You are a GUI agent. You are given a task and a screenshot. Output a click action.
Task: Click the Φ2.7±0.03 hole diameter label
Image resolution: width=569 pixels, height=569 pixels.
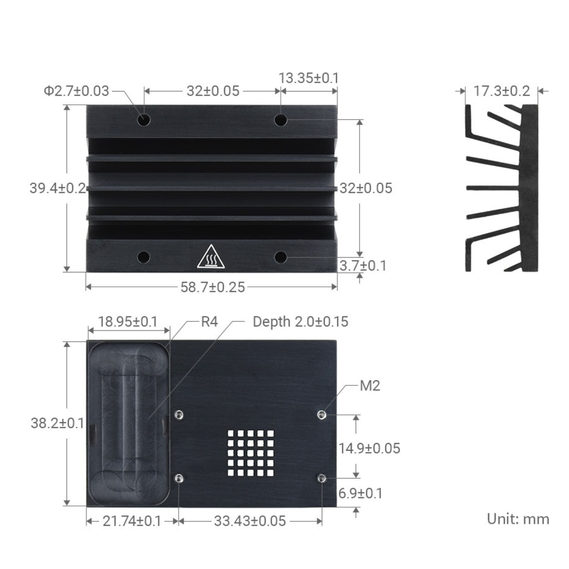click(76, 91)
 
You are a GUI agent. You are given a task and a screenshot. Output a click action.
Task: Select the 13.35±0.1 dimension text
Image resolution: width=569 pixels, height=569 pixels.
click(308, 78)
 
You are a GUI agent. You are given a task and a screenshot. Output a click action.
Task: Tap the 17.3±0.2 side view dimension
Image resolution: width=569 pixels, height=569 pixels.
click(502, 91)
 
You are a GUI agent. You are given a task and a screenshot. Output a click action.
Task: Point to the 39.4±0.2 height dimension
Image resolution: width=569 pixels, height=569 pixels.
click(57, 188)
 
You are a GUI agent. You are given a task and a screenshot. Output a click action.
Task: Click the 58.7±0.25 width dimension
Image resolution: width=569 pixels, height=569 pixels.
click(213, 287)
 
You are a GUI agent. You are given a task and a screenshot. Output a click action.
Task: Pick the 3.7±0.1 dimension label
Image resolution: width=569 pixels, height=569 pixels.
click(363, 266)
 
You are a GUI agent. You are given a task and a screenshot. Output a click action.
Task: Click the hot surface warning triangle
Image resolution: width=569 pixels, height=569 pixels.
click(211, 257)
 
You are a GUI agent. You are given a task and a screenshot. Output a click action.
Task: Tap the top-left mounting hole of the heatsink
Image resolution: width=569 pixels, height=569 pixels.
click(144, 120)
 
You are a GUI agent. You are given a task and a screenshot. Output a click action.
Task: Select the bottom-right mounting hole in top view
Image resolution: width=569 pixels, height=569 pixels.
click(280, 257)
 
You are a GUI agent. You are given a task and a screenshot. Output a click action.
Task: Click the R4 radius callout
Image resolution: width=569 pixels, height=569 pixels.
click(209, 322)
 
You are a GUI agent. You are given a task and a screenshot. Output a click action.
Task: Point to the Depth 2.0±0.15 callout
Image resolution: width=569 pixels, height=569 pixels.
click(300, 322)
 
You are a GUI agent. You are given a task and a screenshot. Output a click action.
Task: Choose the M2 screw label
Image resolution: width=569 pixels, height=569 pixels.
click(370, 386)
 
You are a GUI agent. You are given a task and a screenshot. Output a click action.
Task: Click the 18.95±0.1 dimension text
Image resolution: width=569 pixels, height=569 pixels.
click(128, 322)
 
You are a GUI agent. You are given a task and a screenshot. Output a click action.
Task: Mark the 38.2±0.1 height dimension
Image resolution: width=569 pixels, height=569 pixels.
click(57, 423)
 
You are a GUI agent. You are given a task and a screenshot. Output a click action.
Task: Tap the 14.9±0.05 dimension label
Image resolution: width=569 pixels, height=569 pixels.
click(369, 448)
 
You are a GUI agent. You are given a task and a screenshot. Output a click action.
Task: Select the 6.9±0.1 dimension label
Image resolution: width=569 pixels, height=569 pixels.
click(361, 493)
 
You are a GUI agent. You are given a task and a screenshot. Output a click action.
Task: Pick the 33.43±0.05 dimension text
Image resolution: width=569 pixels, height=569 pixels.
click(250, 521)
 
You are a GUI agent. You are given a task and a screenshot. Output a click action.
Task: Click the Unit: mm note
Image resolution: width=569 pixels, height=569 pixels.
click(518, 519)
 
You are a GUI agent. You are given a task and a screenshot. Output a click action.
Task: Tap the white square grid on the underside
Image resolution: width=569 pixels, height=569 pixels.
click(250, 453)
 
